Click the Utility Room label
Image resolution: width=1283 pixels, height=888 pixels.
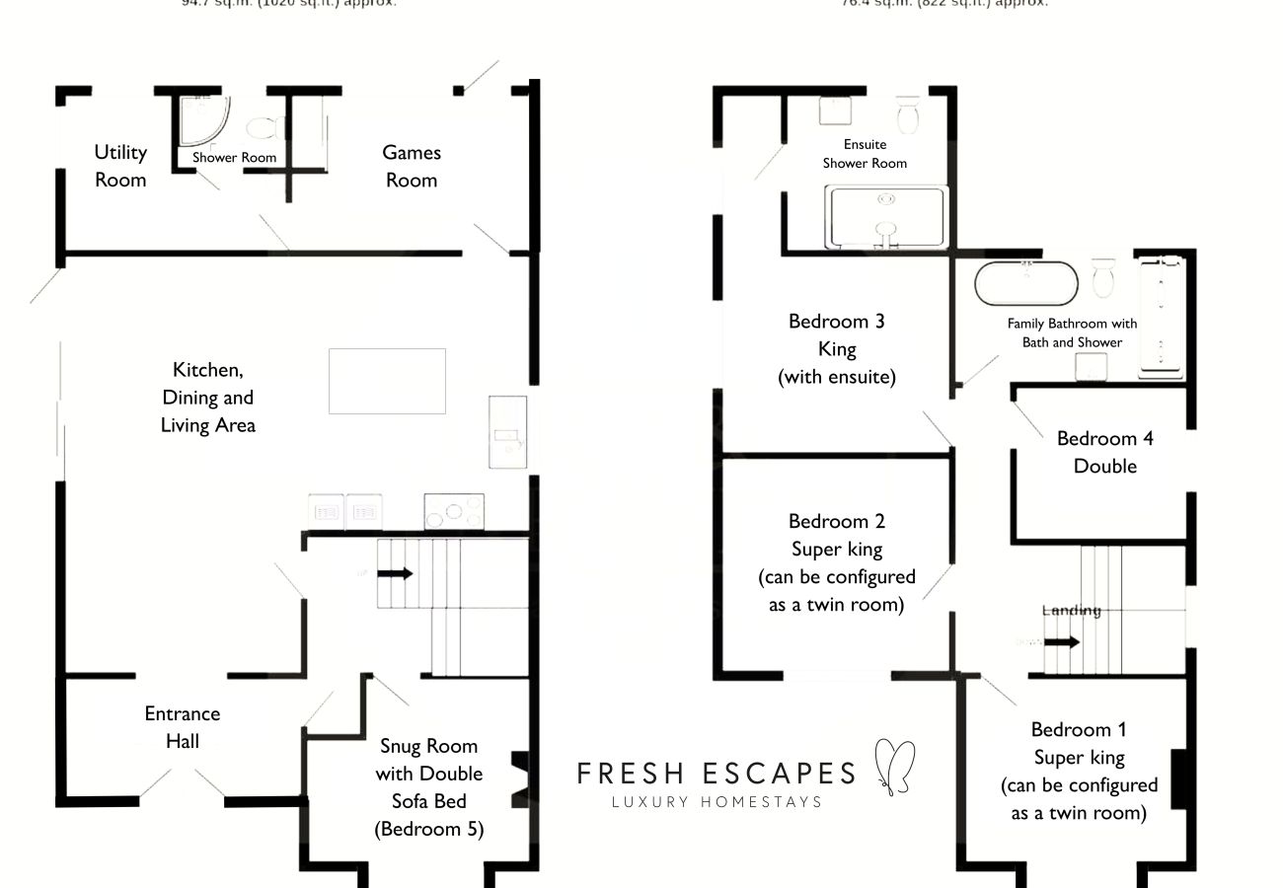(x=120, y=166)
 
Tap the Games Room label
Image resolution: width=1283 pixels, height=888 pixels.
(x=412, y=166)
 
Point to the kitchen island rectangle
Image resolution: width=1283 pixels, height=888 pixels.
(x=387, y=381)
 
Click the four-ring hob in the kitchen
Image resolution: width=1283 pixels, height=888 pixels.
(x=454, y=511)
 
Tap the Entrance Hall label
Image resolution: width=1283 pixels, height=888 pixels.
(x=183, y=727)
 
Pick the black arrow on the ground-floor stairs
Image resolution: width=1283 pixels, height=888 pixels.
(x=395, y=573)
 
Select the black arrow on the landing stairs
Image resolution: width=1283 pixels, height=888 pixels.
(x=1061, y=642)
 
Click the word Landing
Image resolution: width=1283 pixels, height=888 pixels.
(x=1071, y=611)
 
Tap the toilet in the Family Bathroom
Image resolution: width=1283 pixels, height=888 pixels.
(x=1103, y=276)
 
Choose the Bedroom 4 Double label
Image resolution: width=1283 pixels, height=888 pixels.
(x=1104, y=452)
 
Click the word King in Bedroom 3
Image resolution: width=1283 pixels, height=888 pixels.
(x=837, y=349)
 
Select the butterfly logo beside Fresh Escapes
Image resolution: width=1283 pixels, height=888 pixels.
(x=895, y=767)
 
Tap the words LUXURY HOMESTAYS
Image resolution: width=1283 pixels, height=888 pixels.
(x=717, y=801)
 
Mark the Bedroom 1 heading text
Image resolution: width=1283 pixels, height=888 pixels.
(x=1079, y=730)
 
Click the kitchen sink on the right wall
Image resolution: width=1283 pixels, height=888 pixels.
(x=507, y=435)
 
